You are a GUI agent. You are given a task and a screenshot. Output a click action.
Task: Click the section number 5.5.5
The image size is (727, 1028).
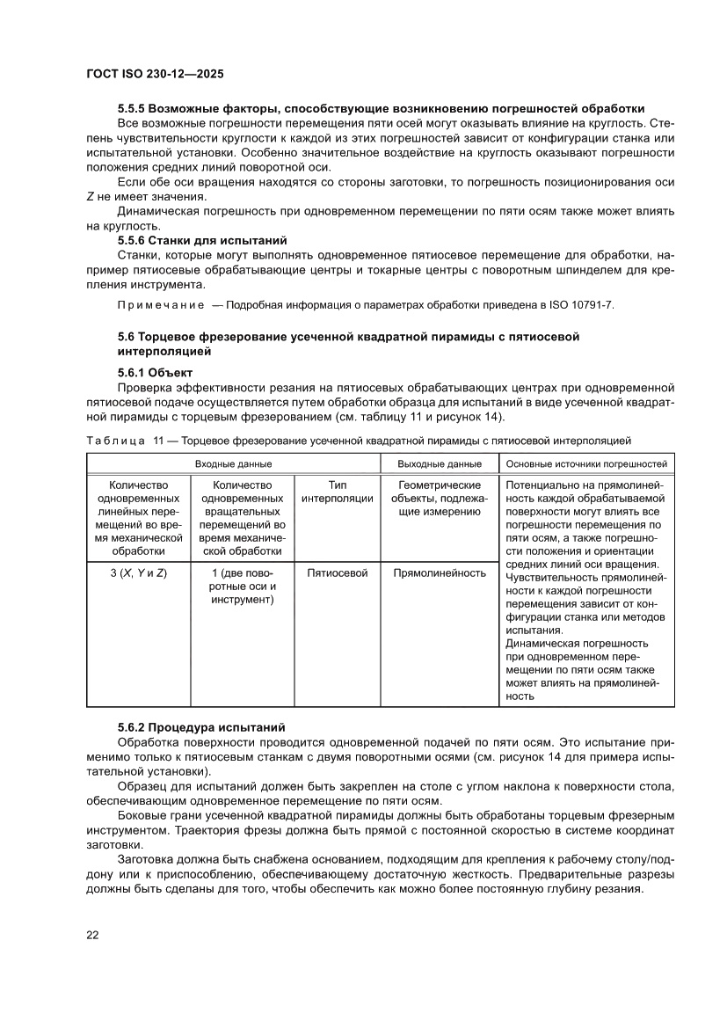(131, 108)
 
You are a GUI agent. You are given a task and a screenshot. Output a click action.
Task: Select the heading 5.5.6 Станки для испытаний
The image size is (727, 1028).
(202, 239)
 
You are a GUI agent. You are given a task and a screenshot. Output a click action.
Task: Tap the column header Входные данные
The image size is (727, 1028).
(233, 463)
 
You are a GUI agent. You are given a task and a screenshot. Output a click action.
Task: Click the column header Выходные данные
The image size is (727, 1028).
(439, 463)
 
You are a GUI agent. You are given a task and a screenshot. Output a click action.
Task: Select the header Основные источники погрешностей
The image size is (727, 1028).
(587, 463)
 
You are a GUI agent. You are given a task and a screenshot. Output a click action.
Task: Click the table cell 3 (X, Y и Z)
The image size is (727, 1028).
(139, 572)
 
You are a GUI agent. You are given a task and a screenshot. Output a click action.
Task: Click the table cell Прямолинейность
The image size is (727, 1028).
(439, 572)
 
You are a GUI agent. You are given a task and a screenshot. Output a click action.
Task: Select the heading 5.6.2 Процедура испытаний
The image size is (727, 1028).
(201, 727)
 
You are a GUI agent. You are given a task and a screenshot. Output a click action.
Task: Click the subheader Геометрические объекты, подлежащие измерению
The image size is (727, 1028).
(439, 499)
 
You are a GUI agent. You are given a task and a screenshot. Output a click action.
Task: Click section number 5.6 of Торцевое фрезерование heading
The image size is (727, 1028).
(125, 337)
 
